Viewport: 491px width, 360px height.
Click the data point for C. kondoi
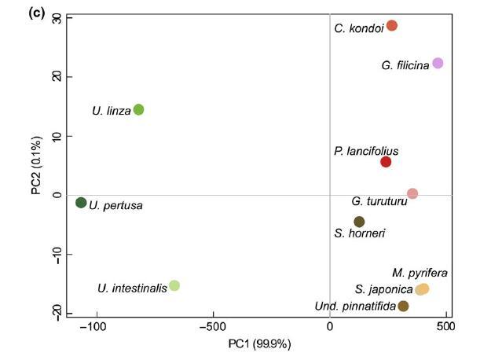[392, 26]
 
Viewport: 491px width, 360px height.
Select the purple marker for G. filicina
[438, 63]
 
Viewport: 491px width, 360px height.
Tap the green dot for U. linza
[138, 110]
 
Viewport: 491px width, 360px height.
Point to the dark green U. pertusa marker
[81, 203]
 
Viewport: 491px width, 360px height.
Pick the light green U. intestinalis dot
[174, 285]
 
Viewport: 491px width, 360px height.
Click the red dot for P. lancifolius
[386, 162]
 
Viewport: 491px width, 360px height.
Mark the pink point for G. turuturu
[412, 193]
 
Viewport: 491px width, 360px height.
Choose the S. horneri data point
[359, 222]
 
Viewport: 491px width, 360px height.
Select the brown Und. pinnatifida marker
[403, 306]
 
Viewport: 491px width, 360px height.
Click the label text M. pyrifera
[420, 273]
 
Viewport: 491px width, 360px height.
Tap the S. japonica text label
[384, 289]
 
